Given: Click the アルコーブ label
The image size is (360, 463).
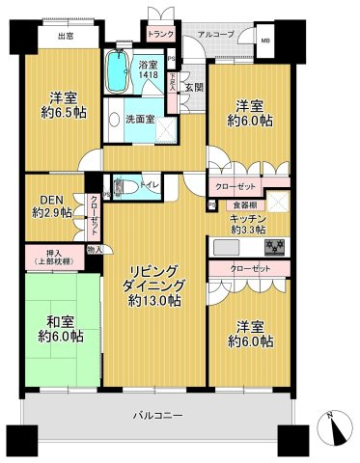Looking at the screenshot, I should tap(214, 35).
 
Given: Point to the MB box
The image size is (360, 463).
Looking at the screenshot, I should tap(265, 41).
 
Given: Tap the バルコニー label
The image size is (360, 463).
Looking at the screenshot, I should tap(159, 416).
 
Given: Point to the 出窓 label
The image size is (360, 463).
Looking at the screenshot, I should tap(66, 38).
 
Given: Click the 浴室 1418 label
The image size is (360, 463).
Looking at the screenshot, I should tap(147, 67).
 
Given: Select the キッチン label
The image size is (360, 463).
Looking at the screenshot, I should tap(247, 219).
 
